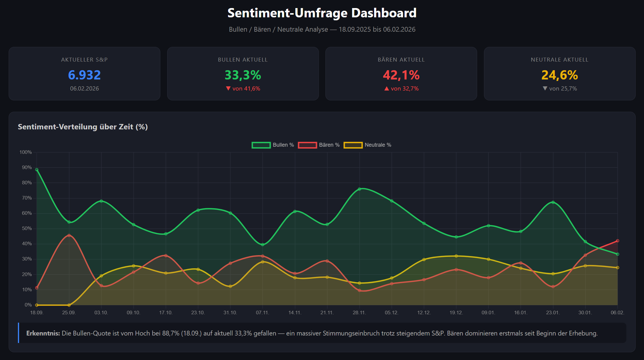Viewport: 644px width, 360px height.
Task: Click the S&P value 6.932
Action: (84, 75)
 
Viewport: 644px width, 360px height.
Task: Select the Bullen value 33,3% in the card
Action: (243, 75)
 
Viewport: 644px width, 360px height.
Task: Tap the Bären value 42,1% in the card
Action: (401, 75)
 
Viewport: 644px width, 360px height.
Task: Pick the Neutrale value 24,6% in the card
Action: (560, 75)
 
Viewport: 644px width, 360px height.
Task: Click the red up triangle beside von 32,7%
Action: (387, 88)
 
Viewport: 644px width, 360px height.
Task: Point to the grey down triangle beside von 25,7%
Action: (545, 88)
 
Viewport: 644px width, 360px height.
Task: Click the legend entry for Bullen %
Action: (273, 145)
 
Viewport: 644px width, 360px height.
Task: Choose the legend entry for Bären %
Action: (319, 145)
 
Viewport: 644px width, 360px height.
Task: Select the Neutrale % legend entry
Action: (368, 145)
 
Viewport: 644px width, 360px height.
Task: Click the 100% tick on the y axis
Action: (26, 152)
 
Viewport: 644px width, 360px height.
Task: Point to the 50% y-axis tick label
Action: (27, 229)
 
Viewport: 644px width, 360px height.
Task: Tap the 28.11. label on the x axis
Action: (359, 312)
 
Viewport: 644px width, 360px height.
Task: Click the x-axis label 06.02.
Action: (617, 312)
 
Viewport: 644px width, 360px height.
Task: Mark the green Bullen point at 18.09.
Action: (37, 170)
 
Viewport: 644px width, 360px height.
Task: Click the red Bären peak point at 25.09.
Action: (69, 235)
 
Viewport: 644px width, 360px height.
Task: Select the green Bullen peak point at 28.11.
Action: (359, 189)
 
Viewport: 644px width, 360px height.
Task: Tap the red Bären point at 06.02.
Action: (617, 241)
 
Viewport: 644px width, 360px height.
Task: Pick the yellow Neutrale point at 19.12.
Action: (456, 256)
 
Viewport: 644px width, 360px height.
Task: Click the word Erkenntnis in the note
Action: (43, 333)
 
